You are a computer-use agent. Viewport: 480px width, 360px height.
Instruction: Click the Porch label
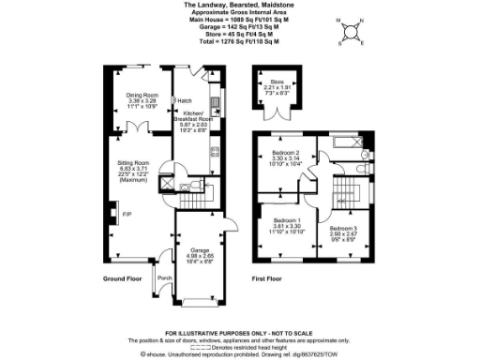pyautogui.click(x=164, y=278)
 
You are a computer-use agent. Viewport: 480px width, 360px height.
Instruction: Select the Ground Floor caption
pyautogui.click(x=120, y=278)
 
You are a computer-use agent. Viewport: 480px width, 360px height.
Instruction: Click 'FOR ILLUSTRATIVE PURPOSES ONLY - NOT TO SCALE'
pyautogui.click(x=239, y=333)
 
